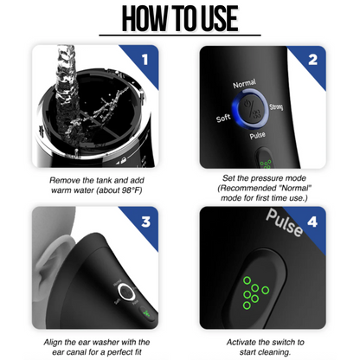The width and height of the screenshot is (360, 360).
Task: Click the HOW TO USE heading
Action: pyautogui.click(x=180, y=20)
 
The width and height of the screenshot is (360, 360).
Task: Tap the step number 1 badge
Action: pyautogui.click(x=145, y=60)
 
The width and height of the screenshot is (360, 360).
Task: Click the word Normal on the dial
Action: pyautogui.click(x=245, y=85)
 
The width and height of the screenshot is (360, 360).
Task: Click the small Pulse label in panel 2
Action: pyautogui.click(x=256, y=137)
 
